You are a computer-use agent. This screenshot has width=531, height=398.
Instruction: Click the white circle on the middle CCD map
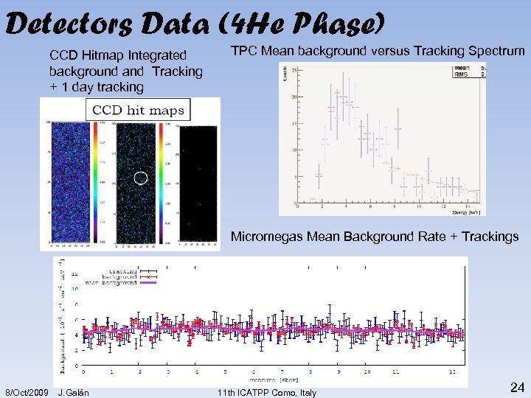(142, 178)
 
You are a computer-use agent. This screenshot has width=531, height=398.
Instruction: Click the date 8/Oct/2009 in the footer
(27, 392)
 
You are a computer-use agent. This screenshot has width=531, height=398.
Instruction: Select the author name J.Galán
(74, 392)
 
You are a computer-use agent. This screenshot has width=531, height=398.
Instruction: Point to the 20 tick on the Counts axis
(294, 97)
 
